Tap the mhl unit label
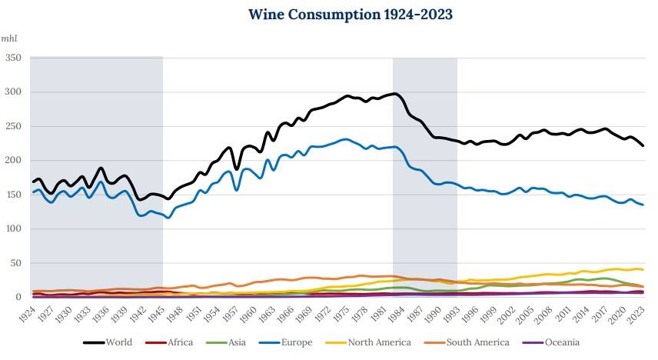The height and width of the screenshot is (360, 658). pyautogui.click(x=10, y=38)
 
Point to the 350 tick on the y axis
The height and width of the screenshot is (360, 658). pyautogui.click(x=13, y=58)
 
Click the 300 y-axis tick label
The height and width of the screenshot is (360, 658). pyautogui.click(x=13, y=92)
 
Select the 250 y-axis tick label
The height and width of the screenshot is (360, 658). pyautogui.click(x=13, y=126)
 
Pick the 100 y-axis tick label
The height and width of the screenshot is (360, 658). pyautogui.click(x=13, y=229)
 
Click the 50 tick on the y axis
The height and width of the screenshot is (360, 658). pyautogui.click(x=15, y=264)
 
